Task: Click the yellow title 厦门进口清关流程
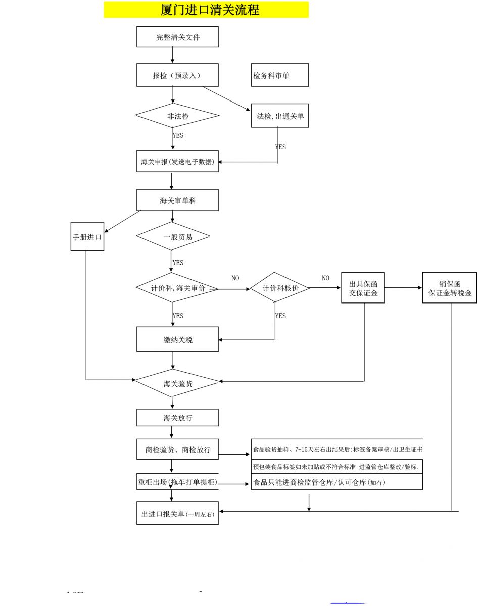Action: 206,10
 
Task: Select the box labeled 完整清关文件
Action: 177,37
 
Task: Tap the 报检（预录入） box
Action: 177,75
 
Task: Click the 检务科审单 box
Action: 279,75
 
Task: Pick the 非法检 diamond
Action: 177,116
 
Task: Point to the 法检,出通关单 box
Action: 279,116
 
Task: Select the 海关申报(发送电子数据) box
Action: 177,162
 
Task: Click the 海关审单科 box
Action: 177,200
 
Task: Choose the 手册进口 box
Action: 87,236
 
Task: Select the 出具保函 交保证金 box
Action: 363,288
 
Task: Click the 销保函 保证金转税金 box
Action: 450,288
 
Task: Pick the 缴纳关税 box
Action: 177,339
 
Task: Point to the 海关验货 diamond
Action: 177,383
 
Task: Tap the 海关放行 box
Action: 177,418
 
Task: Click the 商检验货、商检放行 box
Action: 177,449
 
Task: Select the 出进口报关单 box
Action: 177,514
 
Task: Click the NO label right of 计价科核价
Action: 325,278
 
